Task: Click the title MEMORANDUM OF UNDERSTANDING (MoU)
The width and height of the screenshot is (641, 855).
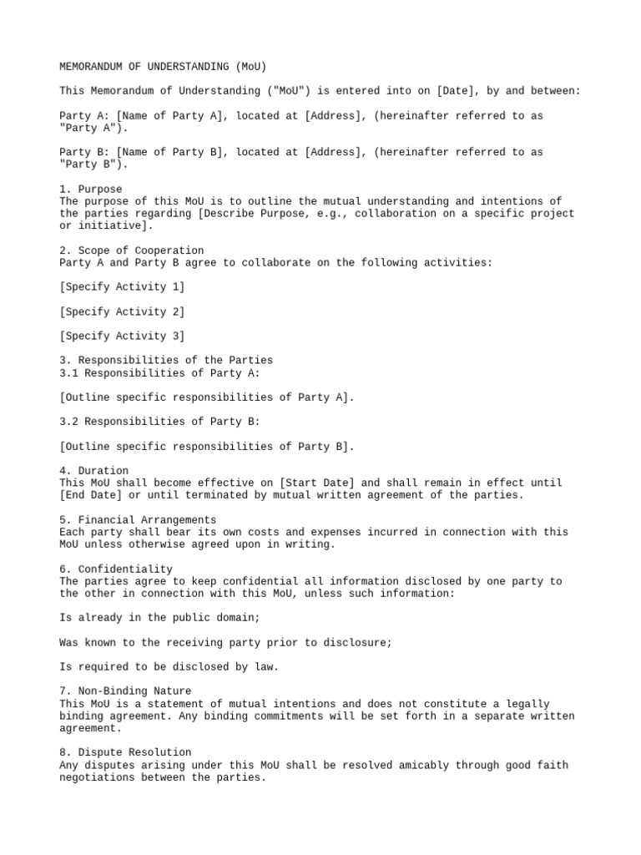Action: click(163, 66)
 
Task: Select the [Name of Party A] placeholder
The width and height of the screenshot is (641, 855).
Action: click(169, 116)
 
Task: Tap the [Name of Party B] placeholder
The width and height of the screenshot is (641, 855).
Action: click(169, 152)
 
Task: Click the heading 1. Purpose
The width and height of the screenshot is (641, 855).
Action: click(91, 189)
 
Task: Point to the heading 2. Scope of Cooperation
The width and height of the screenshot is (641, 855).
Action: click(132, 250)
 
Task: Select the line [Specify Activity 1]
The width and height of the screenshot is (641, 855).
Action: click(123, 287)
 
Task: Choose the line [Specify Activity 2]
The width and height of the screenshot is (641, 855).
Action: click(123, 311)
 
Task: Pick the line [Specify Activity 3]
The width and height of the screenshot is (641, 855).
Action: click(123, 336)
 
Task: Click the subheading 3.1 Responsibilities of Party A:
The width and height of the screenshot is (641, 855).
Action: click(160, 372)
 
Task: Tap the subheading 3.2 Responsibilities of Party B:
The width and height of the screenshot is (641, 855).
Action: click(160, 422)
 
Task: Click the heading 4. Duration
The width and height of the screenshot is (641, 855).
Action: click(94, 471)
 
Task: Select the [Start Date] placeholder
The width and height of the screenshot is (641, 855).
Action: click(317, 483)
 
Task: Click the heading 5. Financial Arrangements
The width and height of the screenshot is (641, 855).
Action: click(139, 519)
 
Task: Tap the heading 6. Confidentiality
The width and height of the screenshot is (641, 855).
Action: click(116, 569)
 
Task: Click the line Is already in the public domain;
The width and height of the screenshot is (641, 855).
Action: click(160, 618)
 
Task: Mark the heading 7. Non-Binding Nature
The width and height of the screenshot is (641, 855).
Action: click(126, 691)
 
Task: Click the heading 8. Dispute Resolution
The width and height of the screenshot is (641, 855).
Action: click(126, 752)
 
